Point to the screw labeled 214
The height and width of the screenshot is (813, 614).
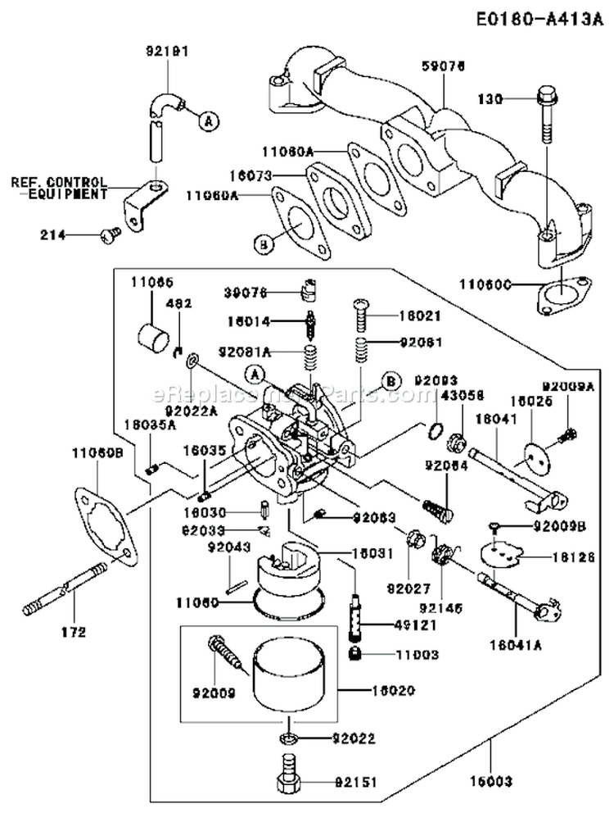coord(109,234)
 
